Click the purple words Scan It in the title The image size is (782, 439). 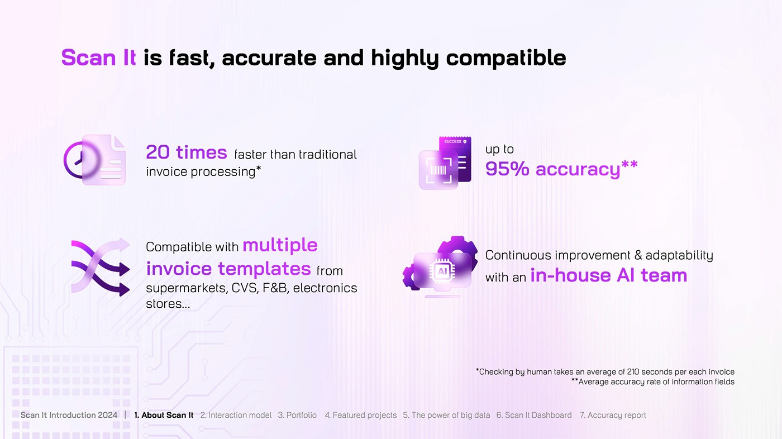(x=98, y=57)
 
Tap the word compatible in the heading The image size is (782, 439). (x=506, y=58)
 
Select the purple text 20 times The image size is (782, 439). (x=187, y=152)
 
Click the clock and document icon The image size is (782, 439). (x=94, y=160)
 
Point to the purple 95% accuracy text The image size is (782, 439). (x=561, y=169)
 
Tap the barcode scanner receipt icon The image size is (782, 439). (x=445, y=163)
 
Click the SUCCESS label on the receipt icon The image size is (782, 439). (x=453, y=141)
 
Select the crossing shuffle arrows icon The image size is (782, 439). (x=101, y=267)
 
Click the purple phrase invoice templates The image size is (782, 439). (x=228, y=269)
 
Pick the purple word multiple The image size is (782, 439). (x=280, y=245)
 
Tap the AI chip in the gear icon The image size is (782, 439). (x=442, y=271)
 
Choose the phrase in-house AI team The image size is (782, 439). (x=609, y=275)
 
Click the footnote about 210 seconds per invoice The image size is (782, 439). (x=605, y=371)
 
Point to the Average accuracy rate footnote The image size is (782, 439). (x=653, y=382)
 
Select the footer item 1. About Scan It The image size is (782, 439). (x=164, y=415)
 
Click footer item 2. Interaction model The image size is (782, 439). (x=236, y=415)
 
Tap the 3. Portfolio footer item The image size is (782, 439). (x=297, y=415)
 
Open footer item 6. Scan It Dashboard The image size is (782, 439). (x=534, y=415)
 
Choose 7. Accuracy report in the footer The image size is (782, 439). (x=613, y=415)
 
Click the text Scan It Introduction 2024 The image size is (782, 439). (x=69, y=415)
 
